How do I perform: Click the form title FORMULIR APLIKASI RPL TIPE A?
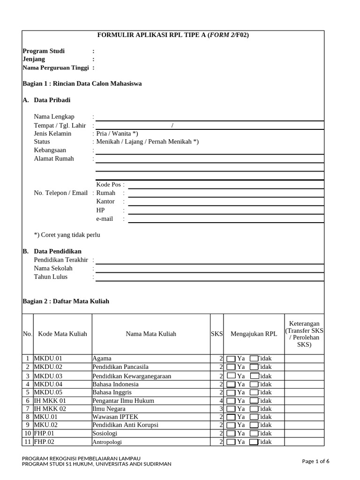coord(173,35)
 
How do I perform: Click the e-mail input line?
coord(225,219)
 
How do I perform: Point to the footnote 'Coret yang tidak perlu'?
coord(67,235)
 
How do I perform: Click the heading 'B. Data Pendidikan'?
coord(52,251)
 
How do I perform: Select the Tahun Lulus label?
coord(51,277)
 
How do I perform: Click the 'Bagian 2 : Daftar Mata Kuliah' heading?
coord(66,301)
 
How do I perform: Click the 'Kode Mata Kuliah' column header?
coord(62,334)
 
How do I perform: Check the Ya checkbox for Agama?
coord(231,359)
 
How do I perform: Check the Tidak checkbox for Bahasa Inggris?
coord(254,393)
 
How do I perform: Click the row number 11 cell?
coord(28,442)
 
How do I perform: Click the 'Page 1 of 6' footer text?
coord(315,461)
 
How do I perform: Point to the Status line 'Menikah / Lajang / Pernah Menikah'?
coord(147,142)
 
